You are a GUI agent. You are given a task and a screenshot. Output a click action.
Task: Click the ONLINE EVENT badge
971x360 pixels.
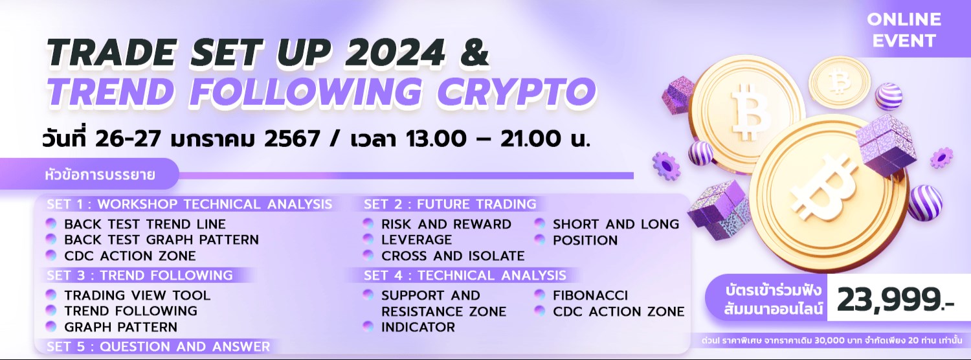pos(904,30)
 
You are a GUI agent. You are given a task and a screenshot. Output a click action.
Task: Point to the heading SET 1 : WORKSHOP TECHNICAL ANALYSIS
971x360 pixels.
pos(189,204)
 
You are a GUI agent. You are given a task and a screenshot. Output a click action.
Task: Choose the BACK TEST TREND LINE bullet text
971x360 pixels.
pos(145,224)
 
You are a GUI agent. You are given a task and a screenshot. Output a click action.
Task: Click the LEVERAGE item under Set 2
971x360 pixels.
pos(417,240)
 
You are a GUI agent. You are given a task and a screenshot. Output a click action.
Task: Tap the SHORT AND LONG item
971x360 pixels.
pos(616,224)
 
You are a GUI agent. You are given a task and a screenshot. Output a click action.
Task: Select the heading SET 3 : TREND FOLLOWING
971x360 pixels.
pos(139,275)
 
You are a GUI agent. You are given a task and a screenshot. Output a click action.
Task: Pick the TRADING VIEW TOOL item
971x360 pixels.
pos(137,295)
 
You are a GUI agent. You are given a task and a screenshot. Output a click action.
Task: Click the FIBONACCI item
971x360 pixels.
pos(590,295)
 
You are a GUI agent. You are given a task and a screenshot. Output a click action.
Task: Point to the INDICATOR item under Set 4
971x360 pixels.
pos(418,327)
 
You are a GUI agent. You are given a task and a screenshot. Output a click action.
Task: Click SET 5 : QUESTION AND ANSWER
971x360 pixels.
pos(158,346)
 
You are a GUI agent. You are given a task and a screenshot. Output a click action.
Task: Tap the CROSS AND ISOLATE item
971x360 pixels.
pos(452,255)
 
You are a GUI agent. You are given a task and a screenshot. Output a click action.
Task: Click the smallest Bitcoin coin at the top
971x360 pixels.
pos(840,82)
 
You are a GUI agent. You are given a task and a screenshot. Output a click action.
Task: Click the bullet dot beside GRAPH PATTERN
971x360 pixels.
pos(51,326)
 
